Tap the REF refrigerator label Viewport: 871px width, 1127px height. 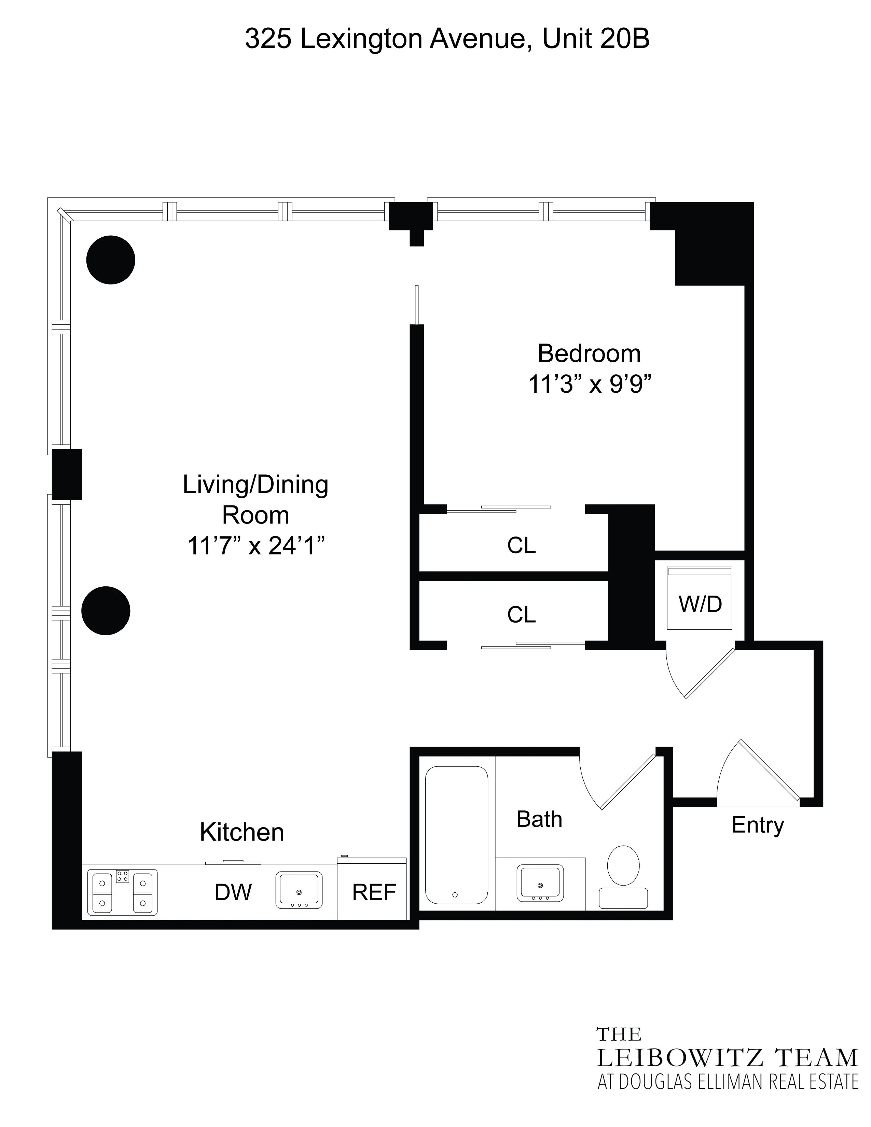374,892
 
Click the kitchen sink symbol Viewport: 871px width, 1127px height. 299,890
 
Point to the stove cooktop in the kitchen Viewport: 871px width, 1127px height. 122,892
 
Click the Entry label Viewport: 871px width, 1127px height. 757,825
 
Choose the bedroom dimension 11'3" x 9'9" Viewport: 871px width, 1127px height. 589,385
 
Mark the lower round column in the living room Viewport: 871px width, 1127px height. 106,611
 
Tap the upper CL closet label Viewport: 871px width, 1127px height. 521,545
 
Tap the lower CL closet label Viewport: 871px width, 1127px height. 521,615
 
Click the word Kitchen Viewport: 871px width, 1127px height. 241,832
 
